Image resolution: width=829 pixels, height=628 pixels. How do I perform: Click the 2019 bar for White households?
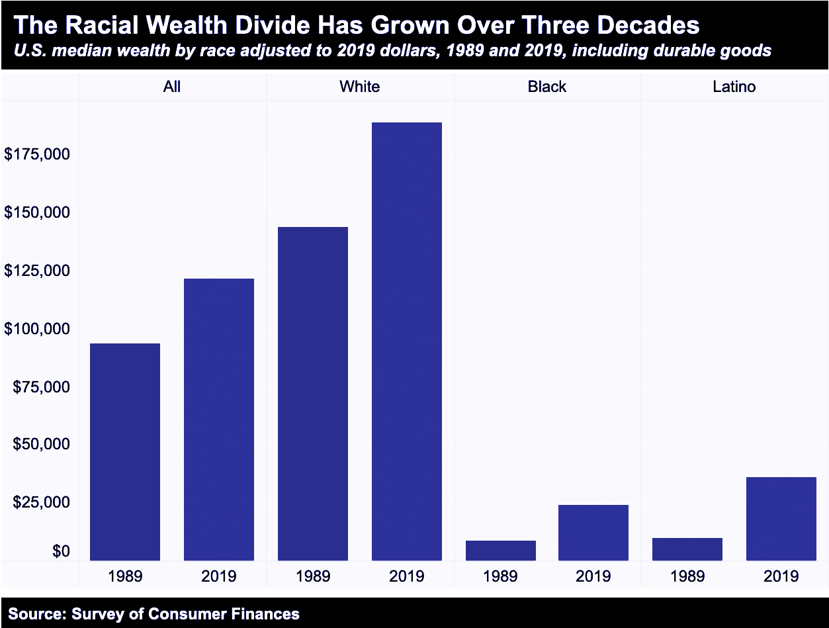[406, 341]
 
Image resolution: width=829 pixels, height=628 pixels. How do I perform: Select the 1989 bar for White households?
[313, 394]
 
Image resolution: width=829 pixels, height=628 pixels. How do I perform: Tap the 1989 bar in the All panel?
[125, 452]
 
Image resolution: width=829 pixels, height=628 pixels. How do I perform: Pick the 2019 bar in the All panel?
[219, 420]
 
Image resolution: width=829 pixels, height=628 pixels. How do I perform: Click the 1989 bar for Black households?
[500, 551]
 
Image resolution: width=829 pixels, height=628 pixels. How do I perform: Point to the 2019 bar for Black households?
[593, 533]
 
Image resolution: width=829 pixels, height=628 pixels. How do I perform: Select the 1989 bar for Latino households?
[687, 549]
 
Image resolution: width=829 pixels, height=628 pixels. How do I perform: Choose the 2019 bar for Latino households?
[781, 519]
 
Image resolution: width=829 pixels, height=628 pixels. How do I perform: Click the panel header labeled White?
[360, 87]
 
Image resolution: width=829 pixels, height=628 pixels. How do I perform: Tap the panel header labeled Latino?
[734, 87]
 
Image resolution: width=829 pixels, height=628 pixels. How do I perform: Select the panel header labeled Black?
[547, 87]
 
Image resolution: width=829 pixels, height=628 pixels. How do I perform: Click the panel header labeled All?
[172, 87]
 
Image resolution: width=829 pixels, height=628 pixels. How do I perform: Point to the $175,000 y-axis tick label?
[37, 154]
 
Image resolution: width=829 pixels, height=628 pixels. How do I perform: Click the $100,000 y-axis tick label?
[37, 329]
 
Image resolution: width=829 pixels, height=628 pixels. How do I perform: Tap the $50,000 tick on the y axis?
[41, 444]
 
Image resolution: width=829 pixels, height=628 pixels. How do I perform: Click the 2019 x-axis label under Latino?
[781, 576]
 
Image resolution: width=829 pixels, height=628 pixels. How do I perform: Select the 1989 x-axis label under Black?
[500, 576]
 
